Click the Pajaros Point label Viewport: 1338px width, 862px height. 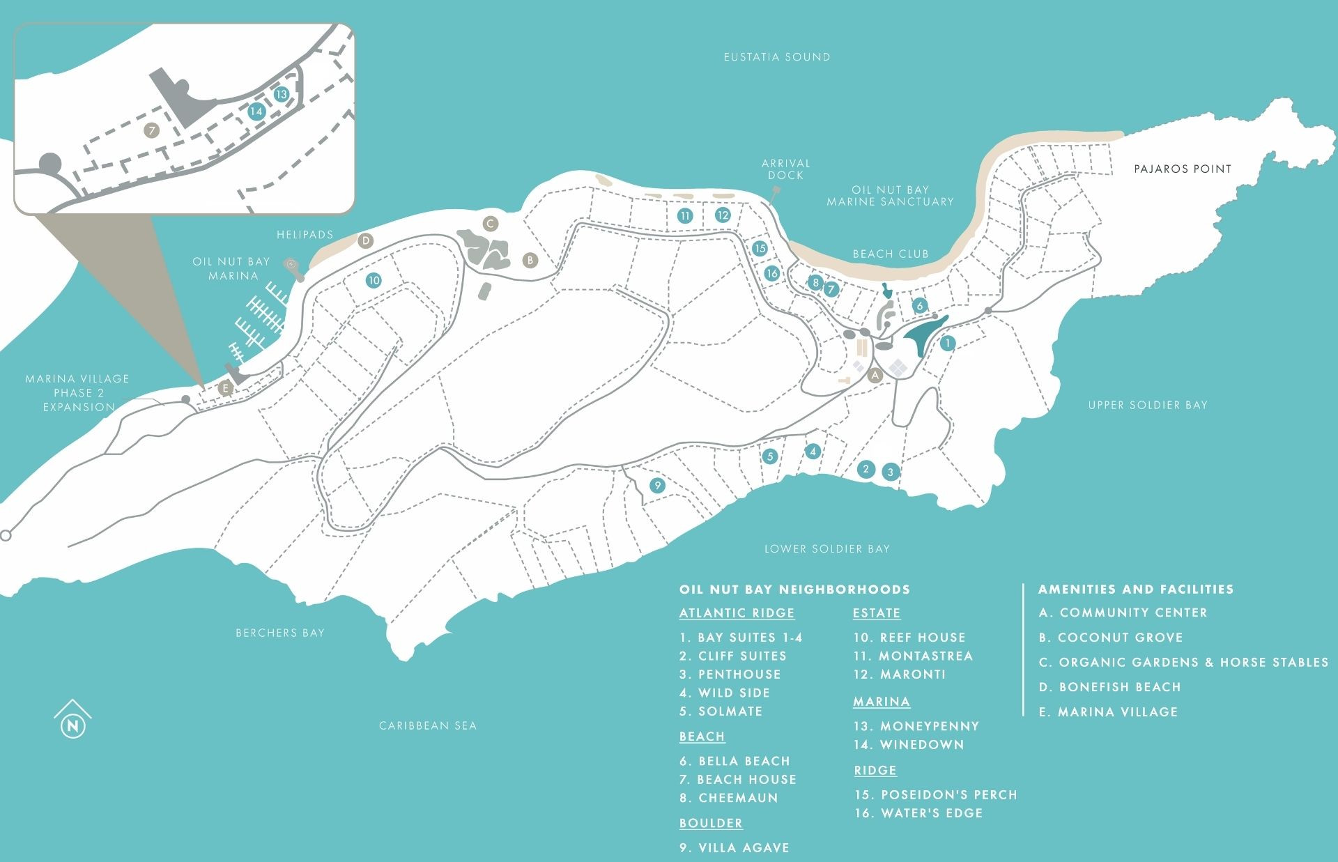pyautogui.click(x=1182, y=169)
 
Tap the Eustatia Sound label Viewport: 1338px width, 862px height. pyautogui.click(x=776, y=57)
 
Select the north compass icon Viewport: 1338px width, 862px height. pyautogui.click(x=72, y=721)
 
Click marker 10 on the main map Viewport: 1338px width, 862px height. pyautogui.click(x=374, y=281)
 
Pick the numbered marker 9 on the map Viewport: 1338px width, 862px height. pyautogui.click(x=656, y=486)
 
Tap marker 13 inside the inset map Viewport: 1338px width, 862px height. pyautogui.click(x=281, y=95)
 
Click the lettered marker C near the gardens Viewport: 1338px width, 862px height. pyautogui.click(x=490, y=224)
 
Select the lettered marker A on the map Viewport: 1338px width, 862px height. pyautogui.click(x=875, y=375)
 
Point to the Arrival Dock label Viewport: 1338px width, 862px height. pyautogui.click(x=785, y=169)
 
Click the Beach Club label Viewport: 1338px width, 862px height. pyautogui.click(x=891, y=254)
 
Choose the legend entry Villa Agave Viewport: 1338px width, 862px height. pyautogui.click(x=735, y=848)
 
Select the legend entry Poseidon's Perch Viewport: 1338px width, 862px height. pyautogui.click(x=936, y=795)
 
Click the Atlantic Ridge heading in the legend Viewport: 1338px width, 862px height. pyautogui.click(x=737, y=613)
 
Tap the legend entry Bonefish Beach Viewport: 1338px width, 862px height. pyautogui.click(x=1109, y=687)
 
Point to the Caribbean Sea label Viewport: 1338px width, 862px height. pyautogui.click(x=427, y=726)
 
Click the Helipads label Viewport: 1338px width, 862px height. pyautogui.click(x=305, y=235)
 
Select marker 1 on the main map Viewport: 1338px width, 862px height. pyautogui.click(x=947, y=343)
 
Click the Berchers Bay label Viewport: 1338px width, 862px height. pyautogui.click(x=279, y=633)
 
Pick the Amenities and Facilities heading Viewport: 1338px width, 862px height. pyautogui.click(x=1135, y=590)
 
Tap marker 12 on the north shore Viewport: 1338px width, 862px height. pyautogui.click(x=722, y=215)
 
